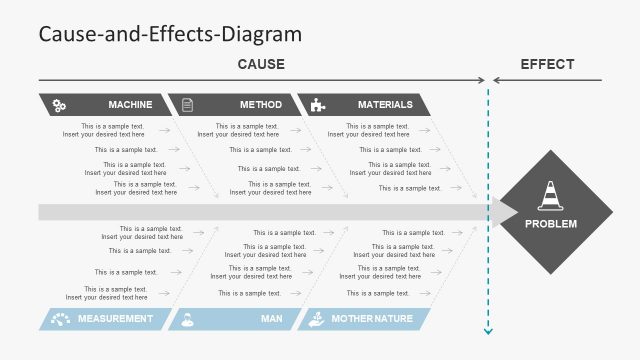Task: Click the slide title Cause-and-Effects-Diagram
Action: (169, 33)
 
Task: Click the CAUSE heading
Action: (261, 64)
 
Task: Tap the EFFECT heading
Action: (547, 64)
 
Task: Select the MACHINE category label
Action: (130, 104)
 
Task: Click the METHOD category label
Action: (261, 104)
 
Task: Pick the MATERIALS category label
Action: (385, 104)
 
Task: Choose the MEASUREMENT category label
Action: (116, 319)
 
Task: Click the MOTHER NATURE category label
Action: (373, 319)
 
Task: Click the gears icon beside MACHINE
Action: (60, 105)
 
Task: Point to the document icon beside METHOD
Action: (187, 105)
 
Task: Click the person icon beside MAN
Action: (187, 319)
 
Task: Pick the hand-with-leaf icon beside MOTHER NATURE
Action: (316, 319)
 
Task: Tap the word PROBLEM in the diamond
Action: (551, 224)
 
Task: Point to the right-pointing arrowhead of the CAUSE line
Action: (482, 80)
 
